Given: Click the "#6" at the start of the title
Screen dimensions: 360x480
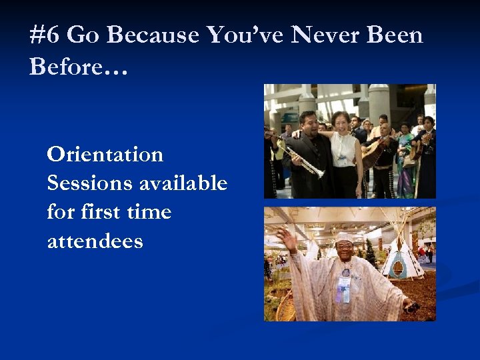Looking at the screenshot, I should (x=45, y=35).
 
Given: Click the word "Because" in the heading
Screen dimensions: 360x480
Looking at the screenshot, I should (x=153, y=35).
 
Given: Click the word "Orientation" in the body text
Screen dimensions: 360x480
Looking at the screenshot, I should (x=105, y=155).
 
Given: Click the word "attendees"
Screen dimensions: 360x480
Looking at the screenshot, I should (x=95, y=241).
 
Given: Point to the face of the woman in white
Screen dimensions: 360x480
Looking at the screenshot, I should (x=341, y=123).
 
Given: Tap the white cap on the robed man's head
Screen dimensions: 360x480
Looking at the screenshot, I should (x=344, y=237).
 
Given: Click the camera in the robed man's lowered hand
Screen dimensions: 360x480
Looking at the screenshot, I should (x=411, y=307).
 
